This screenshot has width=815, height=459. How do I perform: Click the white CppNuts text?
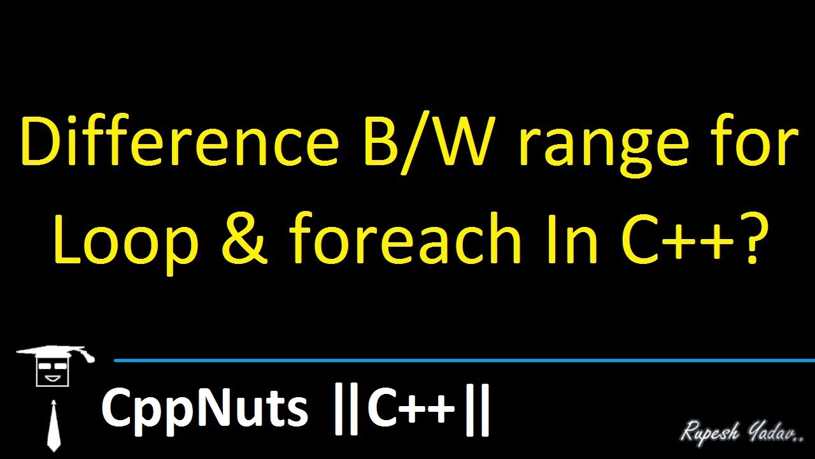[x=204, y=409]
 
